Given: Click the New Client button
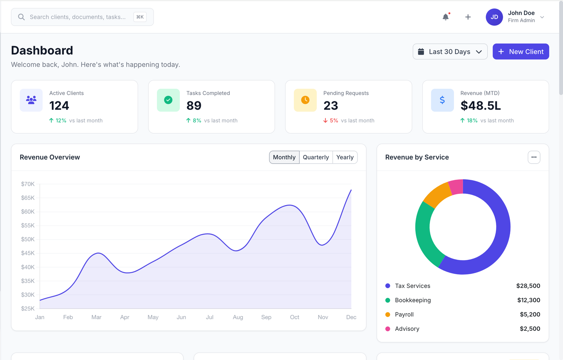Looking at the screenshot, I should tap(520, 52).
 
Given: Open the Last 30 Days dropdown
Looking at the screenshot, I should tap(450, 52).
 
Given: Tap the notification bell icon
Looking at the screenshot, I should tap(445, 17).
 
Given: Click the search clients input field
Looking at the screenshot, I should tap(77, 17).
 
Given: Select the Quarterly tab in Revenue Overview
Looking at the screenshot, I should tap(316, 157).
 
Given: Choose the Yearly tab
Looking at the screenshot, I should tap(345, 157).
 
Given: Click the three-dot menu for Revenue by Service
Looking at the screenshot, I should tap(534, 157).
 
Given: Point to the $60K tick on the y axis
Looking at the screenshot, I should tap(28, 211).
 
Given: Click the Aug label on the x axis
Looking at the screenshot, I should tap(238, 317).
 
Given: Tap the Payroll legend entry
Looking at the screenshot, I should tap(404, 314).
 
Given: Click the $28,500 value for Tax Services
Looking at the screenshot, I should tap(528, 286).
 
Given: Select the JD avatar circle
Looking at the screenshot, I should tap(494, 17).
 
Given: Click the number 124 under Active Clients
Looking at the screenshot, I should tap(59, 106).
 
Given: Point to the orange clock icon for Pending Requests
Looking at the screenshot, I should tap(305, 100).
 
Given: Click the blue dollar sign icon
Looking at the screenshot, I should tap(442, 100).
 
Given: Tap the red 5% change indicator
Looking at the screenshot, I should tap(331, 120).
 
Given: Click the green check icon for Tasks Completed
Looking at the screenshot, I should tap(168, 100).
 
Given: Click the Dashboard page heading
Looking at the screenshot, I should tap(42, 50).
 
